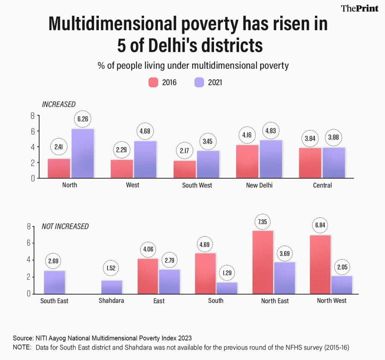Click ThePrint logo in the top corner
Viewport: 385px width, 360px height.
359,8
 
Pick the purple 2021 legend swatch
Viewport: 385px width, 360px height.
199,82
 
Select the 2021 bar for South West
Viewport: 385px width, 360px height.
208,164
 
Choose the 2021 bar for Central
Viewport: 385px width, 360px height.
334,163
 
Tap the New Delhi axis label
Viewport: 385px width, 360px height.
259,185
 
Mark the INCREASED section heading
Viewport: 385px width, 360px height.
59,104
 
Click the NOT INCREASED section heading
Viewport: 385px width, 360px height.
65,226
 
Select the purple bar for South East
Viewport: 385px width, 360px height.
55,282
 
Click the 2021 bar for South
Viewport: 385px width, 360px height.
227,288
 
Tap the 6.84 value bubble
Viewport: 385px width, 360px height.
320,225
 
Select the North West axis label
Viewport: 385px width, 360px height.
332,301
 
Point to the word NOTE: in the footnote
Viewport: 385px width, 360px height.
22,348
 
